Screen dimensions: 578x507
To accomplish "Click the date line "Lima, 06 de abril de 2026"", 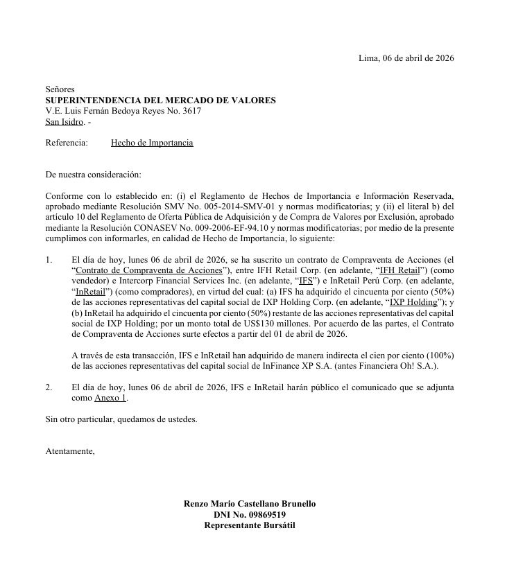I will tap(405, 58).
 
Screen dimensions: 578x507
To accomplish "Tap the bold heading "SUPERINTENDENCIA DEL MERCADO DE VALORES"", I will tap(160, 100).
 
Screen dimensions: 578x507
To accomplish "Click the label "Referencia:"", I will tap(67, 143).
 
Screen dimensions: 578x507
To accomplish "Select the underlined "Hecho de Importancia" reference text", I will tap(152, 143).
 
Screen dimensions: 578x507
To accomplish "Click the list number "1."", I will tap(49, 259).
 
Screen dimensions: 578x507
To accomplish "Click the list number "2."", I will tap(49, 387).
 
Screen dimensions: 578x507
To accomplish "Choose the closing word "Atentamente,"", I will tap(69, 451).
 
